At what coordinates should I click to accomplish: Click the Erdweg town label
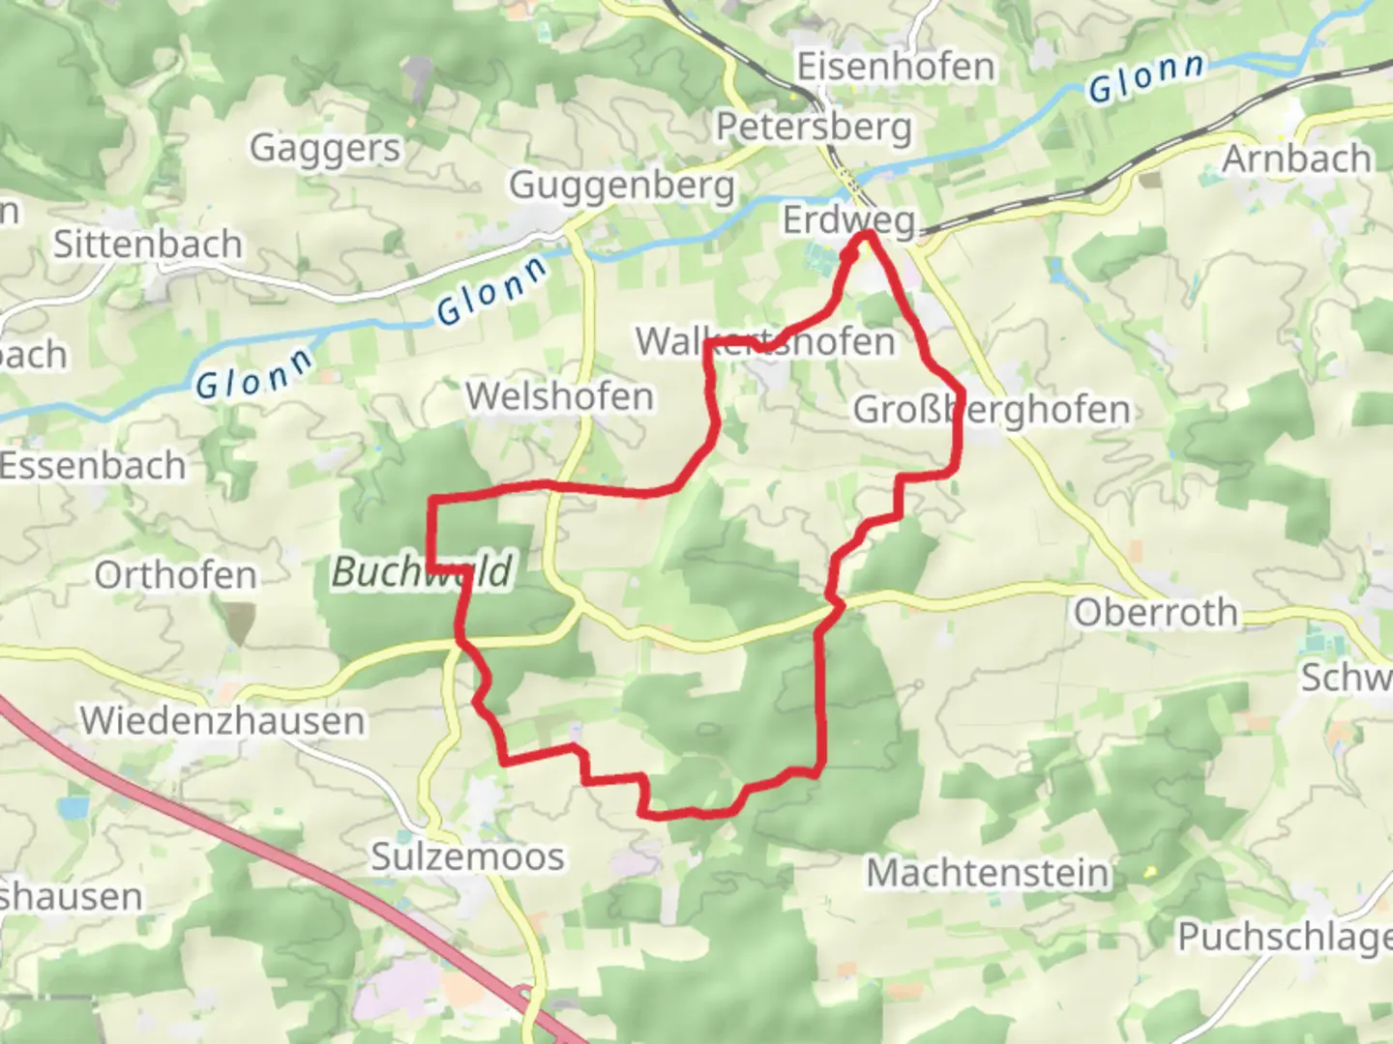click(x=847, y=220)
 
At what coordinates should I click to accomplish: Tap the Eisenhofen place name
click(x=895, y=67)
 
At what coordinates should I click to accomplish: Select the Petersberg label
click(x=814, y=127)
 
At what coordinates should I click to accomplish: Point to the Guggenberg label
click(x=622, y=185)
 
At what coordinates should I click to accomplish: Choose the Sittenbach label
click(x=147, y=245)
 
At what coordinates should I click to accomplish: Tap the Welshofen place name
click(x=559, y=396)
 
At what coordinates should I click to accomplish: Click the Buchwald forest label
click(x=422, y=572)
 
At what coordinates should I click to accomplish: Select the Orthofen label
click(x=175, y=576)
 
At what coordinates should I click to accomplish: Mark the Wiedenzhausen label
click(x=222, y=721)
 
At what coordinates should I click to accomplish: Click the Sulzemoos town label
click(x=467, y=857)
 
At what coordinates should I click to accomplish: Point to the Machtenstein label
click(x=988, y=873)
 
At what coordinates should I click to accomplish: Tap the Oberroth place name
click(x=1155, y=613)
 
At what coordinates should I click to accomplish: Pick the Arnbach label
click(x=1296, y=158)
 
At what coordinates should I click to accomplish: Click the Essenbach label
click(x=92, y=466)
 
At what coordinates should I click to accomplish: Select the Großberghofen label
click(x=991, y=410)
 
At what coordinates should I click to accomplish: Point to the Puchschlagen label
click(x=1285, y=937)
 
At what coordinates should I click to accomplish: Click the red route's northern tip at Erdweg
click(x=865, y=235)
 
